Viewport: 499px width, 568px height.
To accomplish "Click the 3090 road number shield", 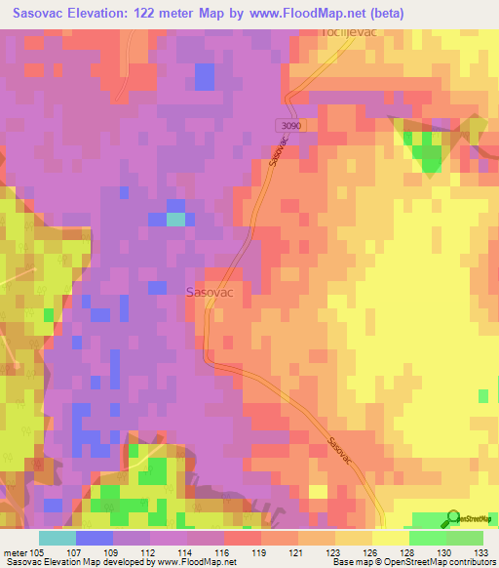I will coord(284,125).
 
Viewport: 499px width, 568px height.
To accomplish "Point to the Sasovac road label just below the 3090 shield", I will coord(277,154).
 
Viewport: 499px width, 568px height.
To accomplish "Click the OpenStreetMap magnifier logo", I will coord(453,517).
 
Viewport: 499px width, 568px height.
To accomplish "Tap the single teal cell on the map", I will coord(175,219).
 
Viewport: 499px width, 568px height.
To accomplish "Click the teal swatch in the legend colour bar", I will coord(58,538).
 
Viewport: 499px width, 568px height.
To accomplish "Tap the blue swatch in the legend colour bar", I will coord(95,538).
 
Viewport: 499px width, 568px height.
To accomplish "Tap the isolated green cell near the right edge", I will coord(483,395).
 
